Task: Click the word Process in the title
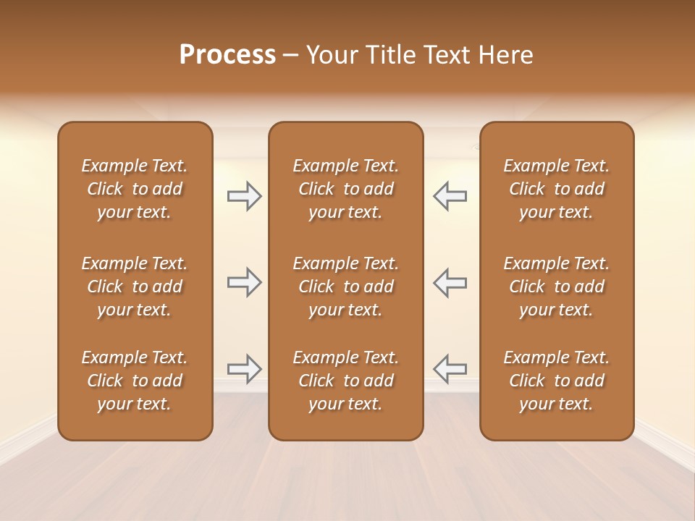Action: tap(227, 55)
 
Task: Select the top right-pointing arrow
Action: tap(244, 196)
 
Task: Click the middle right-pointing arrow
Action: tap(244, 282)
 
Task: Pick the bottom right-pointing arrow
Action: tap(244, 369)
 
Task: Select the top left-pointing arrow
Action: tap(450, 196)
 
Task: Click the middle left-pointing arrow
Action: tap(450, 282)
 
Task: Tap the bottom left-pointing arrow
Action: tap(450, 369)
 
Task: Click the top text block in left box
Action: tap(135, 189)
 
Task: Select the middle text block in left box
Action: tap(135, 287)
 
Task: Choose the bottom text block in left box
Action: tap(135, 381)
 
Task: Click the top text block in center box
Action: tap(345, 189)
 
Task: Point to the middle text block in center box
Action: tap(345, 287)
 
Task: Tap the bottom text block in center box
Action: tap(345, 381)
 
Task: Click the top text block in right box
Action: tap(557, 189)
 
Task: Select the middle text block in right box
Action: tap(557, 287)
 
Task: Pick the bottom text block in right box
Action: tap(557, 381)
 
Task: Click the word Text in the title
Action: tap(446, 55)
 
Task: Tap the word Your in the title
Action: tap(330, 55)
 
